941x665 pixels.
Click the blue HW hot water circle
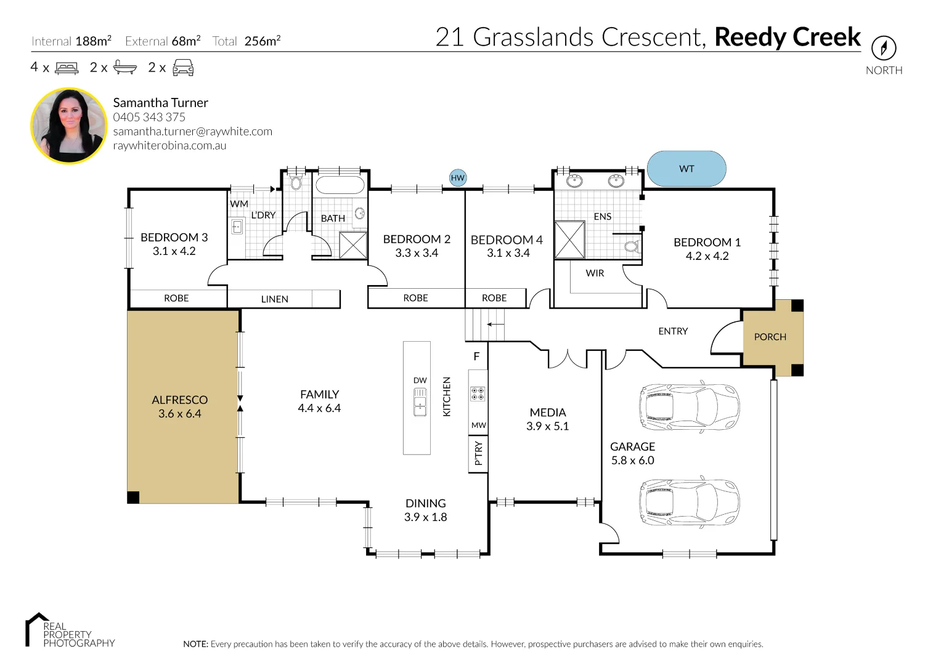pos(457,178)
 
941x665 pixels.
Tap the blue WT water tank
pos(686,169)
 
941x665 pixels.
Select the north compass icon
pos(884,48)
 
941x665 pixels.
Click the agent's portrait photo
pos(69,126)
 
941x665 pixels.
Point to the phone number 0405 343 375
pos(149,117)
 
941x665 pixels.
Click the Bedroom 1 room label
pos(707,242)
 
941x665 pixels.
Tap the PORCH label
pos(770,337)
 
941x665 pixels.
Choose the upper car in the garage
pos(689,407)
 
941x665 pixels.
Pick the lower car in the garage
pos(689,502)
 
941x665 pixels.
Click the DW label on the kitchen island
pos(420,381)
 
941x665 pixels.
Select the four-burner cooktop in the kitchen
pos(478,394)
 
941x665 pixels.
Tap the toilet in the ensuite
pos(631,247)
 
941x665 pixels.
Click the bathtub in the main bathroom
pos(340,185)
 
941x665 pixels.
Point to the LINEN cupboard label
pos(274,299)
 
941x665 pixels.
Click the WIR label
pos(595,273)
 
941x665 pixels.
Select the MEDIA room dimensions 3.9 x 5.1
pos(547,426)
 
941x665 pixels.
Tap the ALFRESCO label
pos(179,400)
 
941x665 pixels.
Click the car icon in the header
pos(183,68)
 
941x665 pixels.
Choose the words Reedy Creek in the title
pos(787,38)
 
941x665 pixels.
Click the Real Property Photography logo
pos(70,631)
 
